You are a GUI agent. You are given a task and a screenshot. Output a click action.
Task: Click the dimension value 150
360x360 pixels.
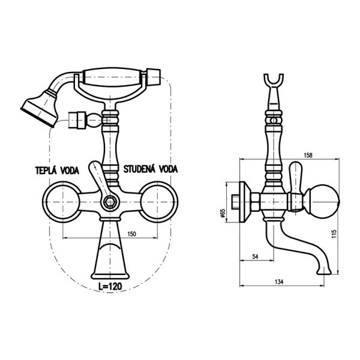click(131, 234)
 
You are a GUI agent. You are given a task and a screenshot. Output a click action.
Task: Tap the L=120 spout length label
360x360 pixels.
click(110, 286)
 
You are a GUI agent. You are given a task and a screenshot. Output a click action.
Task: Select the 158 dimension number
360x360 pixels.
click(308, 155)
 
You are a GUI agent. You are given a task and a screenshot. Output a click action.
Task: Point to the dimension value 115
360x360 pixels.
click(334, 234)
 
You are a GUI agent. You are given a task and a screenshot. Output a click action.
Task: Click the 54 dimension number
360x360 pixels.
click(256, 256)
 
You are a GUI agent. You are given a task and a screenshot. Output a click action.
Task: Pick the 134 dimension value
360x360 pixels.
click(279, 282)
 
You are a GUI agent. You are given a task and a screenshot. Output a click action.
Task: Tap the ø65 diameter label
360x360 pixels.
click(222, 213)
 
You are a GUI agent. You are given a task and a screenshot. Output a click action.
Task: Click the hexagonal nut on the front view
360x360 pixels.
click(110, 202)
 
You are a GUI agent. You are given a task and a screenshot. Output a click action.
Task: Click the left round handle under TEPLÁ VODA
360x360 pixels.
click(62, 202)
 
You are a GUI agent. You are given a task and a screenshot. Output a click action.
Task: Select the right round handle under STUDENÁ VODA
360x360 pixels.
click(158, 202)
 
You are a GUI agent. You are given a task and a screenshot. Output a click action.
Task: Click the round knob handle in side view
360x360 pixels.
click(323, 202)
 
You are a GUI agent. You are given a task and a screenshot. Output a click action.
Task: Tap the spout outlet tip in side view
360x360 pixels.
click(324, 272)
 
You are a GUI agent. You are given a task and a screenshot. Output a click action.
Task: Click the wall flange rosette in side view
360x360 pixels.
click(245, 202)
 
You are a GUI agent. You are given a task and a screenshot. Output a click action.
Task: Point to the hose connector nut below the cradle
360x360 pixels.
click(77, 120)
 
